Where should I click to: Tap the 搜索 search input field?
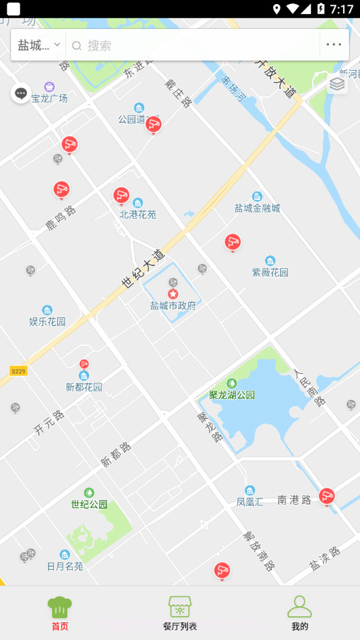tap(192, 45)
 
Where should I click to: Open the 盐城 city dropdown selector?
tap(38, 45)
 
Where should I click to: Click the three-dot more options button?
tap(334, 45)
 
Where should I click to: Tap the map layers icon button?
tap(337, 84)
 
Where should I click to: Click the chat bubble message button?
tap(21, 94)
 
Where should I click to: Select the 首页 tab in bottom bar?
tap(59, 613)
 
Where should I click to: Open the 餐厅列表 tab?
tap(179, 613)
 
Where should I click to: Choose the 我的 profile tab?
tap(299, 613)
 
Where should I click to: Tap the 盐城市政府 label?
tap(173, 305)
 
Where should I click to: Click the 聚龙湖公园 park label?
tap(232, 395)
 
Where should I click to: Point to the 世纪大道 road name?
tap(144, 268)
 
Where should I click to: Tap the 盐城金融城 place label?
tap(257, 208)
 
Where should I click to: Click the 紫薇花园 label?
tap(270, 272)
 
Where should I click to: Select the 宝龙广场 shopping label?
tap(49, 98)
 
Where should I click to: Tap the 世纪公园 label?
tap(89, 504)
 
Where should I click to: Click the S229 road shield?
tap(18, 371)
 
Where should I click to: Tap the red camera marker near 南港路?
tap(327, 497)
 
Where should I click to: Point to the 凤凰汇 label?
tap(250, 501)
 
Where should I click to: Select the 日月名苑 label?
tap(65, 566)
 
